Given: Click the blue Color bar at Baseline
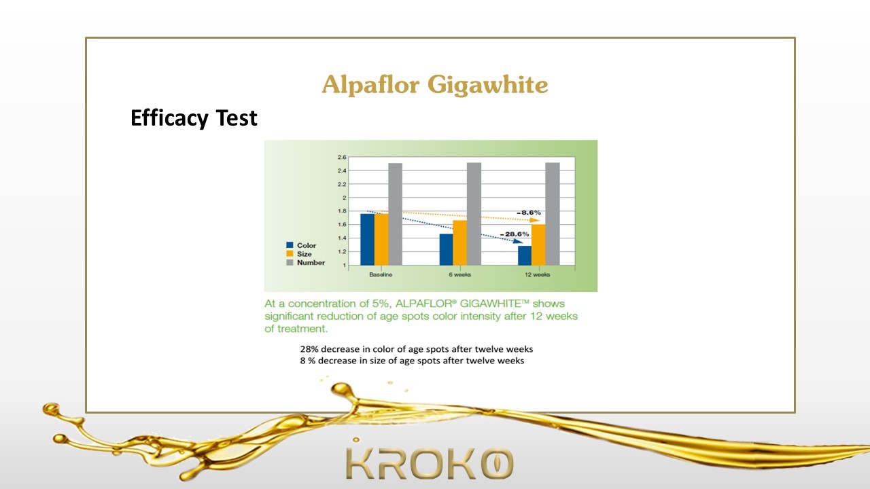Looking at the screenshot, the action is (368, 240).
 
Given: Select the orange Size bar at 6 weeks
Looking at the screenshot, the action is (460, 243).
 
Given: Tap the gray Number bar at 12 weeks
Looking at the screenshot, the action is (553, 214).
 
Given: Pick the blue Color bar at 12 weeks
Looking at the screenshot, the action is (525, 255).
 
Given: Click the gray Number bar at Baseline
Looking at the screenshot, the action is (396, 214).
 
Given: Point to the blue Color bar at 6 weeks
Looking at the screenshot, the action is (447, 249).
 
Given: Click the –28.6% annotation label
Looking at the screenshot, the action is (515, 234).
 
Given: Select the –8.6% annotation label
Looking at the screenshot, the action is (529, 213).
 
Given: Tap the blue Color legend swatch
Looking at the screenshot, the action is (290, 245).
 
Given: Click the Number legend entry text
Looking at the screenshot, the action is (311, 263).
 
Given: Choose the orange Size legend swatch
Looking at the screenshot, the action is (290, 253).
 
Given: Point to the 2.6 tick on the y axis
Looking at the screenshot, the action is (342, 157).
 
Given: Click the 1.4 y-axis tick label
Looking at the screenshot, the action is (342, 238).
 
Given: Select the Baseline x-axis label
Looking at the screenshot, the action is (381, 275).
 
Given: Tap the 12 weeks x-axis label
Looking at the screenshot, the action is (537, 275).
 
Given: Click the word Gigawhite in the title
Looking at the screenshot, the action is (488, 86).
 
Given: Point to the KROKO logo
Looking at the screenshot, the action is (429, 463).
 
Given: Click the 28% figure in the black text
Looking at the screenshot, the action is (309, 349).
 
